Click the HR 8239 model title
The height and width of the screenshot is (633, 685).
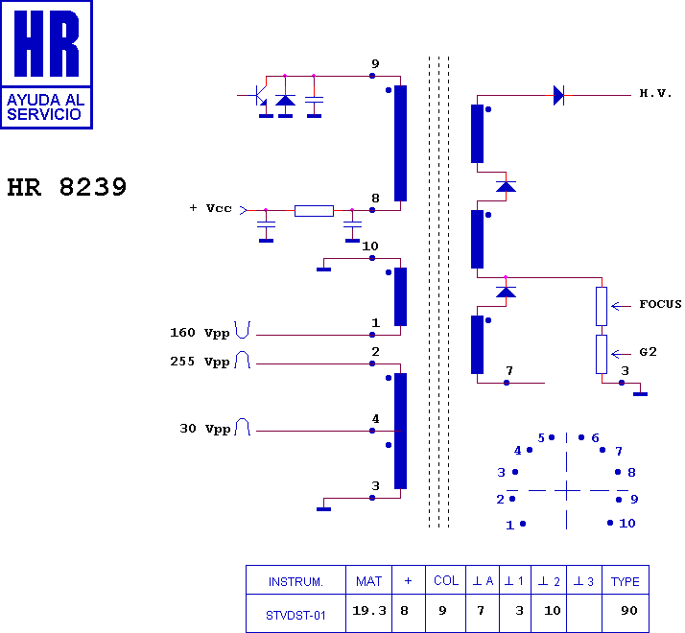coord(67,187)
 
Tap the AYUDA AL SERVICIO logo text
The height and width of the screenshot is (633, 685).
coord(45,107)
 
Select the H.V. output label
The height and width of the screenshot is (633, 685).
coord(655,93)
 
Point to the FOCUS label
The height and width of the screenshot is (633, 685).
coord(660,304)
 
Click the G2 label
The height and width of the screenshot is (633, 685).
coord(648,352)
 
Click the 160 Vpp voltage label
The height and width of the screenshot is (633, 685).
coord(200,333)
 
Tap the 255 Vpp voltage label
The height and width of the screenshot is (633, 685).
coord(200,362)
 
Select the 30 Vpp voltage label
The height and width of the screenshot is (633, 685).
coord(205,429)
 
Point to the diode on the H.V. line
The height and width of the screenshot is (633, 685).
coord(558,95)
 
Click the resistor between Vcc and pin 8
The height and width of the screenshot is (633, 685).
coord(314,211)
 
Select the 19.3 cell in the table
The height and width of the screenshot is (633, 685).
coord(369,610)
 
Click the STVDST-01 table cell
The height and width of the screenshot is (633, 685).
coord(295,616)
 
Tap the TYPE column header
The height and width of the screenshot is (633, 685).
coord(626,581)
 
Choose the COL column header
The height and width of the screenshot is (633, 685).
coord(446,580)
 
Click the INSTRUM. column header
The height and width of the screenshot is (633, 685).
coord(295,582)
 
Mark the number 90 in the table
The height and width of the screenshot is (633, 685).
coord(629,610)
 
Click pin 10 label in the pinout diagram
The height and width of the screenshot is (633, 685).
coord(627,523)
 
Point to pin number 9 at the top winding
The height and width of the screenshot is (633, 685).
coord(375,64)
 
